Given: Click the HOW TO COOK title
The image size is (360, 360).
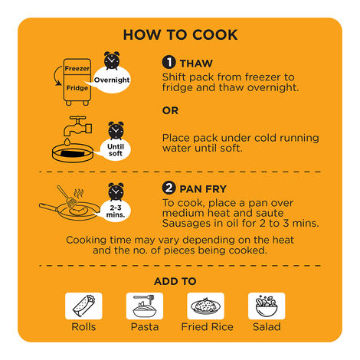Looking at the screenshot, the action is (181, 34).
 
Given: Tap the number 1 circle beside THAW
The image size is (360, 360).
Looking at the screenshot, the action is (169, 62).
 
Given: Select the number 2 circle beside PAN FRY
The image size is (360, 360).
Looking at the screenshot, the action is (169, 188).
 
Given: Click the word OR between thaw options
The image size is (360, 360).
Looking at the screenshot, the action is (170, 110).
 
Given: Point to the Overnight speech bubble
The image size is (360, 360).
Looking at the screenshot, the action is (111, 80).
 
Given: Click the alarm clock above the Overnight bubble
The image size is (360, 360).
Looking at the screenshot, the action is (112, 61).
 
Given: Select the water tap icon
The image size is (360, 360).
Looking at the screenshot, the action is (77, 126).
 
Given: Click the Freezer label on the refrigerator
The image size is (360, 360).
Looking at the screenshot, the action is (77, 68).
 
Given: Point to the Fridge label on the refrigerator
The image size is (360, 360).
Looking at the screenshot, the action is (77, 88).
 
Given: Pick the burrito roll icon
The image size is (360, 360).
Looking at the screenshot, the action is (83, 306).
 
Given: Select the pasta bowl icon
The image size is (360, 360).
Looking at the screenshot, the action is (145, 306).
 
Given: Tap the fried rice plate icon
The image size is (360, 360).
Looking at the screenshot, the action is (205, 306).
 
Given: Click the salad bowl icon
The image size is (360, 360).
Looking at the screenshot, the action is (267, 306).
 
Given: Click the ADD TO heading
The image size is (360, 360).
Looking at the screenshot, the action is (175, 281).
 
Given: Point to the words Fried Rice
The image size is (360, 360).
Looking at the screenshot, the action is (207, 327).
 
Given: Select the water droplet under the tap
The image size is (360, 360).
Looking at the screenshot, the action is (67, 142).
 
